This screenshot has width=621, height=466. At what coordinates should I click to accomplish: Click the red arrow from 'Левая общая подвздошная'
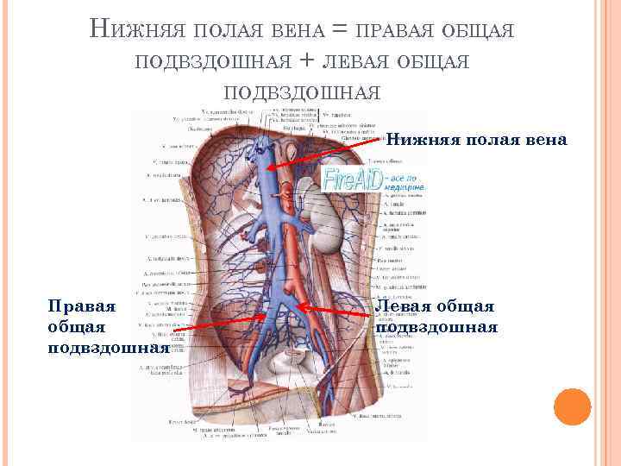click(336, 308)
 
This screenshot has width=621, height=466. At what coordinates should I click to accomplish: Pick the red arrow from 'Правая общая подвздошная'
click(224, 322)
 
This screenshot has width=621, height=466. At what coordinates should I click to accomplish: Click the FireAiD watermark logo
click(373, 181)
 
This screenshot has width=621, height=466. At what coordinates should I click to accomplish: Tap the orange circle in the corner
click(572, 407)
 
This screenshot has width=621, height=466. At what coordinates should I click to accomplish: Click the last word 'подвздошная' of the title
click(301, 91)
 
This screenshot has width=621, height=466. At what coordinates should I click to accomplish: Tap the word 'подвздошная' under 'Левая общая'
click(436, 326)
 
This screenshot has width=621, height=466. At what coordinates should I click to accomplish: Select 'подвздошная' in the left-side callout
click(95, 348)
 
